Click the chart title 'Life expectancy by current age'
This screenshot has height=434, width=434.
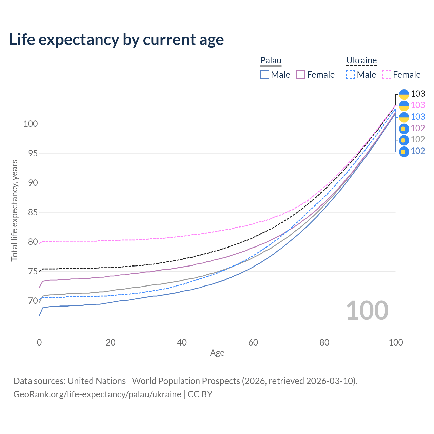(116, 40)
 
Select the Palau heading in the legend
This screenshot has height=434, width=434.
(271, 60)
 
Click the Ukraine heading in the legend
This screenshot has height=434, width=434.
(361, 60)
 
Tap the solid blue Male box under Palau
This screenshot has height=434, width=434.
(265, 75)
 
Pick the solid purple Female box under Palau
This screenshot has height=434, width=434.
(301, 75)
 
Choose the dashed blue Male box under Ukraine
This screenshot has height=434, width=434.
(351, 75)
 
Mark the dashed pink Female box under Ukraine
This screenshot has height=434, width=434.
(387, 75)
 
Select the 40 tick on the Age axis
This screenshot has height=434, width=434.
(182, 342)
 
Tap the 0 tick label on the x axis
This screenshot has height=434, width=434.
(39, 342)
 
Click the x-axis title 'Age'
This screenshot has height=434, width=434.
(217, 353)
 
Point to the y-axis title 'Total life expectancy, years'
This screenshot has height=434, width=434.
(14, 210)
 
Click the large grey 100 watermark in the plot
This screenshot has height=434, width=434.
(367, 311)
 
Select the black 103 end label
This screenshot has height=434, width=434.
(418, 94)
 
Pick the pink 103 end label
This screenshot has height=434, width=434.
(418, 105)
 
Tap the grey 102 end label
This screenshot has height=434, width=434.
(418, 140)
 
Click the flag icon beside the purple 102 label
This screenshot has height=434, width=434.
(404, 129)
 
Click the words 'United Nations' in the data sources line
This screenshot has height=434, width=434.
(97, 381)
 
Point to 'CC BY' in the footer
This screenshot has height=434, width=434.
(200, 394)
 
